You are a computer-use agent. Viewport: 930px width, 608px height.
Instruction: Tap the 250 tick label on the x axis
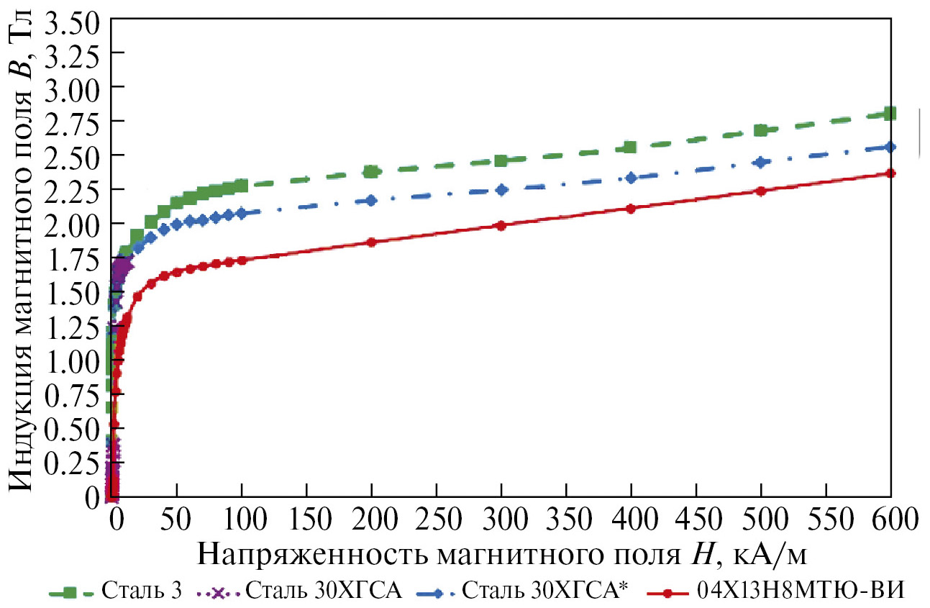click(x=437, y=518)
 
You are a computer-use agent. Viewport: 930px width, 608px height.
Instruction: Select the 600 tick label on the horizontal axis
click(x=891, y=518)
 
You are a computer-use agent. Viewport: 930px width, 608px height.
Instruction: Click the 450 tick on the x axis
click(x=696, y=518)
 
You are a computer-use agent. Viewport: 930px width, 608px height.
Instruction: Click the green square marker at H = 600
click(x=890, y=113)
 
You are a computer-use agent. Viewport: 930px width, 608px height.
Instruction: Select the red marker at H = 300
click(x=501, y=225)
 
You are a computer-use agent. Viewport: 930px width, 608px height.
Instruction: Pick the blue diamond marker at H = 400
click(x=632, y=178)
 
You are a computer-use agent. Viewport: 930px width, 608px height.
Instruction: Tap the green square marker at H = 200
click(x=371, y=171)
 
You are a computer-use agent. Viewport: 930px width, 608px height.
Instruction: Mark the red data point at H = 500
click(x=761, y=191)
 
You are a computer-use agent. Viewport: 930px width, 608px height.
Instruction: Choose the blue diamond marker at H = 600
click(x=890, y=147)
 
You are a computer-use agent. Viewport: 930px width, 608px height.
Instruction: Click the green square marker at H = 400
click(x=631, y=147)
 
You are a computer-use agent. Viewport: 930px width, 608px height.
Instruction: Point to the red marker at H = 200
click(x=371, y=242)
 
